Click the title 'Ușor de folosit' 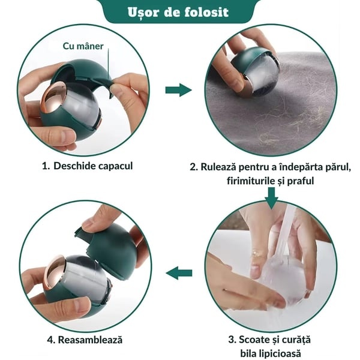tap(178, 12)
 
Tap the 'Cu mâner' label tap(83, 46)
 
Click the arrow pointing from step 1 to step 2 tap(178, 90)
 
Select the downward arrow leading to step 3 tap(271, 198)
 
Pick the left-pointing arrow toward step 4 tap(179, 273)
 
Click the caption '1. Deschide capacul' tap(87, 166)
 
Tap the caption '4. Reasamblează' tap(85, 340)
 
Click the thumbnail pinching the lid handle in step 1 tap(118, 87)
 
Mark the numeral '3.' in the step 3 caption tap(232, 340)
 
